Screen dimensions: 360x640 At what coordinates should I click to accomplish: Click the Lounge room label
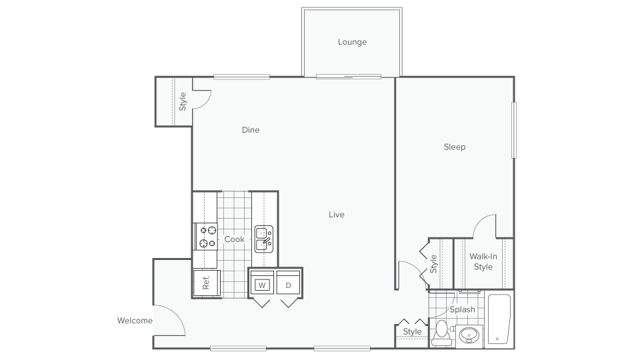pos(352,42)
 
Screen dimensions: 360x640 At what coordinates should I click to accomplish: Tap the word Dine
pos(251,130)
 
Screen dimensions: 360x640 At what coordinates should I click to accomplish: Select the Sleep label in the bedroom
pos(455,147)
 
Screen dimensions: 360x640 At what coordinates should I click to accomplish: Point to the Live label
pos(337,215)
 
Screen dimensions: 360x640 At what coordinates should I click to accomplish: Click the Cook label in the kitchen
pos(234,239)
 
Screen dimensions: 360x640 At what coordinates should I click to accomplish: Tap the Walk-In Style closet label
pos(483,261)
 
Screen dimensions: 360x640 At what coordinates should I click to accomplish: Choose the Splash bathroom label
pos(462,309)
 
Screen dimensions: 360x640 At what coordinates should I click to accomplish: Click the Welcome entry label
pos(135,321)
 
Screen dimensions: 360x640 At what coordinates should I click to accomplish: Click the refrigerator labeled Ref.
pos(205,283)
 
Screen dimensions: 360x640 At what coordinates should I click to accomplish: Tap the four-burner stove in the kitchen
pos(207,237)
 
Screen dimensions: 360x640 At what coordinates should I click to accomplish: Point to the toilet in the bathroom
pos(441,333)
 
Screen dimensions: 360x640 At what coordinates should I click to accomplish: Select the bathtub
pos(499,319)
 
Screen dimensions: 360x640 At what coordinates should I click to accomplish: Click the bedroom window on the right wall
pos(514,130)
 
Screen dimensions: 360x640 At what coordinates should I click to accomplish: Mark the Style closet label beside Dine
pos(183,101)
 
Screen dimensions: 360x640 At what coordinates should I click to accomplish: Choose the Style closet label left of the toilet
pos(413,331)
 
